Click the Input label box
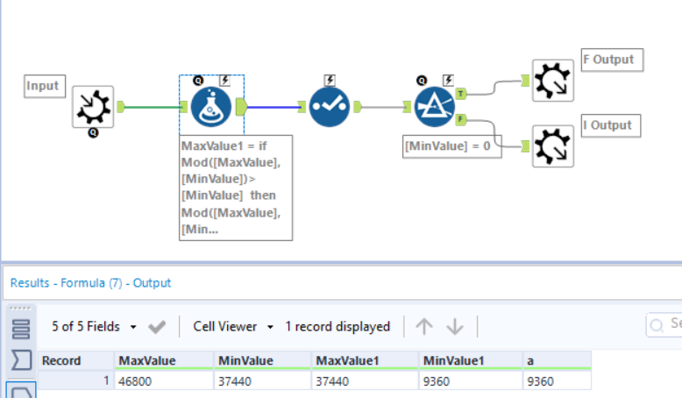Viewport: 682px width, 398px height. pos(43,86)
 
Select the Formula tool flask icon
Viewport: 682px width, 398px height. pos(212,107)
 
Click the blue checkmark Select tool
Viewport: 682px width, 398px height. pos(330,108)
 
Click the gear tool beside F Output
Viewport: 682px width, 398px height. pos(553,81)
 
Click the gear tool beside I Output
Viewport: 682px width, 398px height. pos(553,146)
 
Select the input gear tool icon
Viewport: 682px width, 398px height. pos(92,107)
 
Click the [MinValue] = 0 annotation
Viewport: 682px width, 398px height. pos(452,146)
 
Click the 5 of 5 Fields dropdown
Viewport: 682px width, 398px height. pos(95,326)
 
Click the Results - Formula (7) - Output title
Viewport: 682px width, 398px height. pos(90,283)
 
